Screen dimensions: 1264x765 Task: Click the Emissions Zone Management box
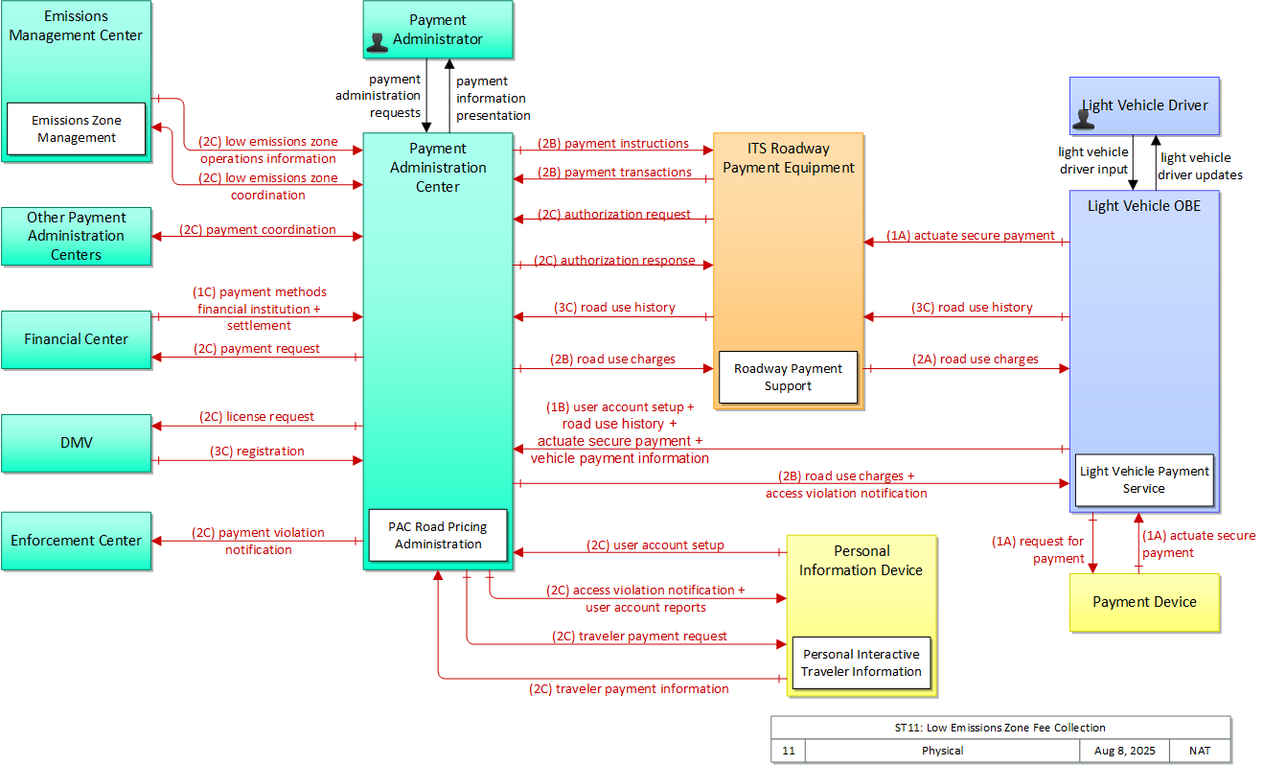click(x=76, y=128)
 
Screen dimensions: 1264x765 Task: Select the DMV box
click(x=76, y=443)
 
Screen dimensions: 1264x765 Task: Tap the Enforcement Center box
click(x=76, y=541)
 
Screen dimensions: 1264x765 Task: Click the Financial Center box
click(x=76, y=339)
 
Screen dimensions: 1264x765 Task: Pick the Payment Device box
click(x=1144, y=602)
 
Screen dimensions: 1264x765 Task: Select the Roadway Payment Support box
click(x=788, y=377)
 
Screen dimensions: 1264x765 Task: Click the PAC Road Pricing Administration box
click(x=438, y=535)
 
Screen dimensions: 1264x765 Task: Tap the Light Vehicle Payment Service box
click(x=1144, y=480)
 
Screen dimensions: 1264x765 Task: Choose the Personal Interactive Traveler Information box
click(x=862, y=662)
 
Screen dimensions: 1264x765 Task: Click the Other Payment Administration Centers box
click(x=76, y=236)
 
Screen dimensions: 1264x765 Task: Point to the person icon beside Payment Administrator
click(x=377, y=42)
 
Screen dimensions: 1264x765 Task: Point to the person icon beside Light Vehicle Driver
click(x=1084, y=119)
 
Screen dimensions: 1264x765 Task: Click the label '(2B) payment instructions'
click(x=612, y=144)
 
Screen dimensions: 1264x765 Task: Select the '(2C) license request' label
click(x=256, y=417)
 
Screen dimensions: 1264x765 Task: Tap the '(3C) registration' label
click(x=257, y=452)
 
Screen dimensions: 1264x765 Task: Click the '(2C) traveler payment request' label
click(x=639, y=637)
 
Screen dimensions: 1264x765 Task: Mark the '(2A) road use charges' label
click(x=976, y=359)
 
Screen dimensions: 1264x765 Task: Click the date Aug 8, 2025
click(x=1125, y=751)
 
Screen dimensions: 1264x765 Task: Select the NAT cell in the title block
click(x=1200, y=751)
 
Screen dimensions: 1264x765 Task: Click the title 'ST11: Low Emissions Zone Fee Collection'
click(x=1000, y=728)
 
